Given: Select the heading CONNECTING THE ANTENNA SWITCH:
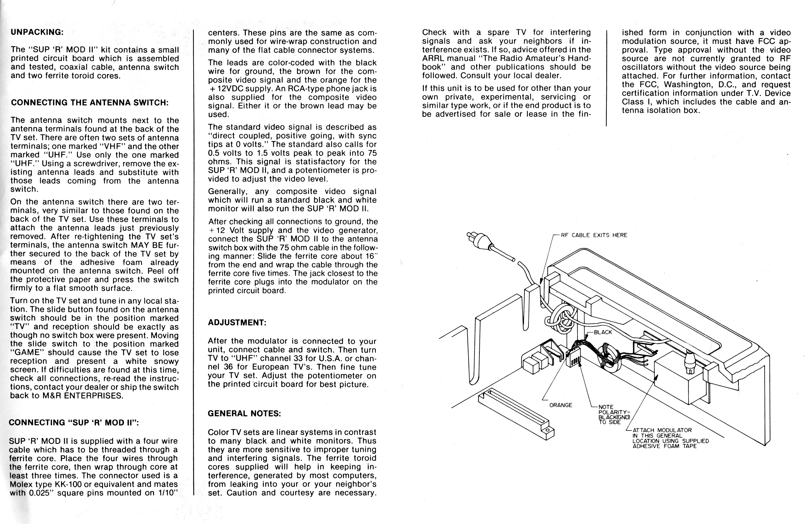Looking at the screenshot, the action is click(90, 103).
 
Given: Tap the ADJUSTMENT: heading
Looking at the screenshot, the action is click(237, 323).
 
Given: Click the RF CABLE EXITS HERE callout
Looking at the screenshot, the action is click(594, 235).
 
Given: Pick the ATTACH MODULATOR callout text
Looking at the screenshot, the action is click(670, 438).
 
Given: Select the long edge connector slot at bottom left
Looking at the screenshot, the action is click(516, 413).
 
